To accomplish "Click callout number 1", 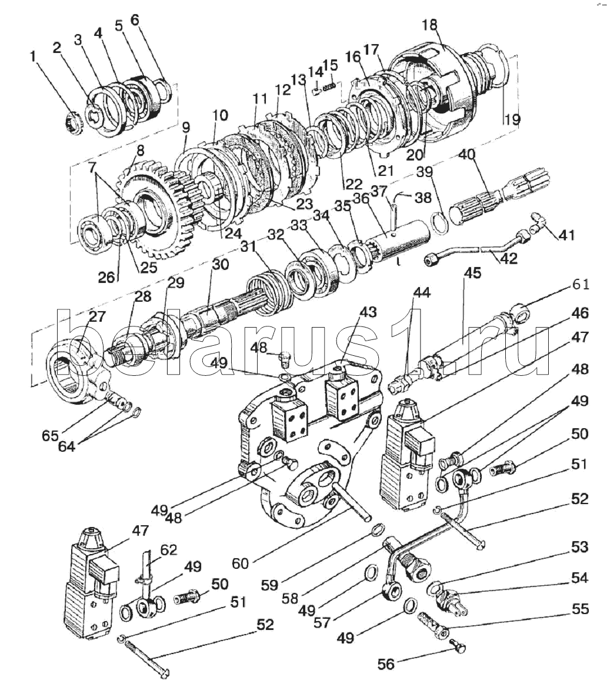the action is (x=33, y=57).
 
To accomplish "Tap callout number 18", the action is (x=430, y=25).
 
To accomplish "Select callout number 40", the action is (x=466, y=154).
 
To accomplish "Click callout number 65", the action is (x=50, y=436).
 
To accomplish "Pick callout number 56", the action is (x=386, y=664).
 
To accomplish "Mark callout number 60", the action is (x=241, y=563).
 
